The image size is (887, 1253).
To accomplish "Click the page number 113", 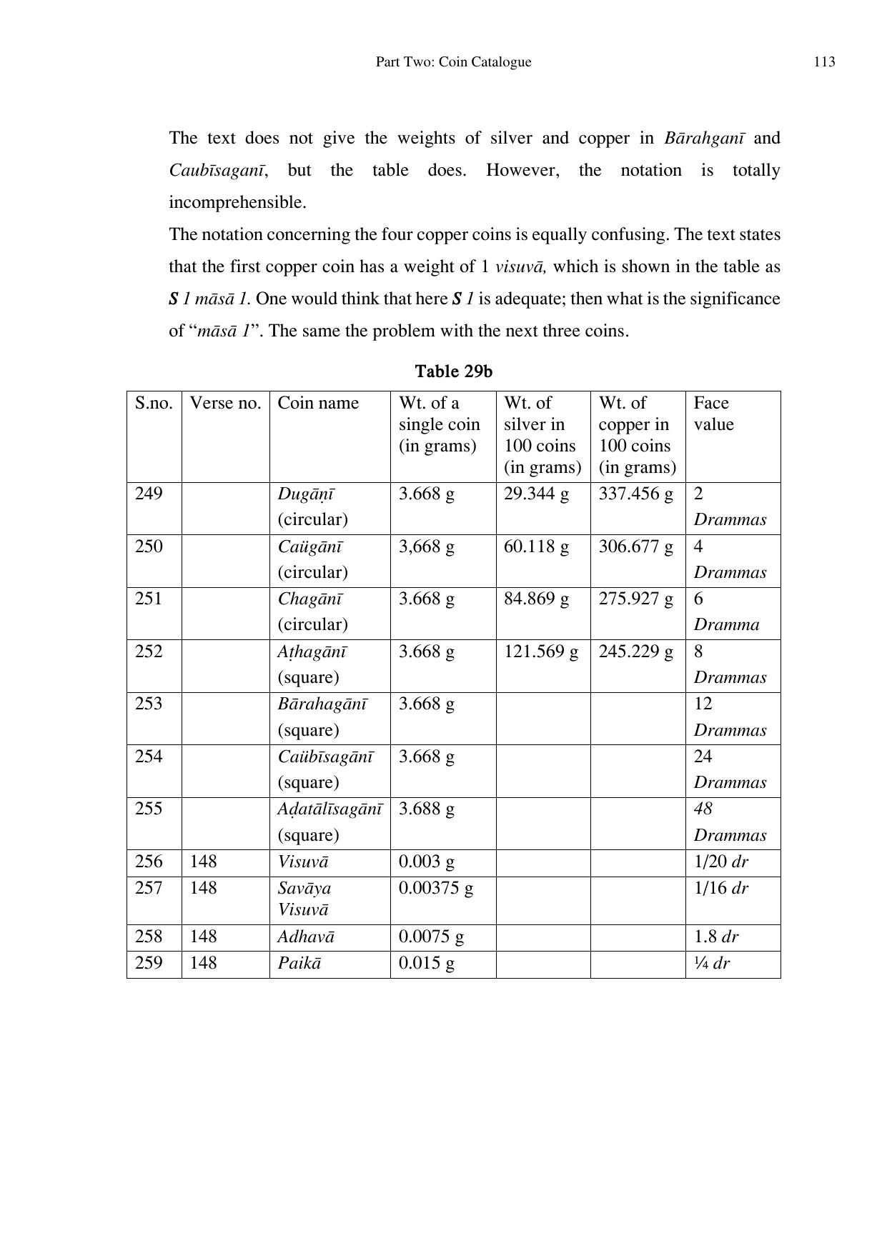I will tap(823, 62).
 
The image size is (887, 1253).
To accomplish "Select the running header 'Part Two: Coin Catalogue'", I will tap(453, 62).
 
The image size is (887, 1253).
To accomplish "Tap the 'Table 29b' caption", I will tap(453, 371).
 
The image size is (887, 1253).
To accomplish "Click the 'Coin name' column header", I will tap(318, 403).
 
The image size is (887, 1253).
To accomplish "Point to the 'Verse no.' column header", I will tap(225, 403).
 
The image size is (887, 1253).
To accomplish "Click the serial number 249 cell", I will tap(149, 494).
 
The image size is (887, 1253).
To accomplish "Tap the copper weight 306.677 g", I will tap(635, 546).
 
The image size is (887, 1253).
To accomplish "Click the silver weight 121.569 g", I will tap(541, 652).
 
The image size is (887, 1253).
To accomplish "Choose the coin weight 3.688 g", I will tap(426, 809).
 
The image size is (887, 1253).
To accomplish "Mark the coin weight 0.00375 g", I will tap(435, 888).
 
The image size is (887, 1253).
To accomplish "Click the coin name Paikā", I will tap(299, 963).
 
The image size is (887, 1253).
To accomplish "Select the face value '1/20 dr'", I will tap(720, 862).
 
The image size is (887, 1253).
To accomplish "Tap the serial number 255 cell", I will tap(149, 809).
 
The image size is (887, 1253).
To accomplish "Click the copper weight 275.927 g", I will tap(635, 599).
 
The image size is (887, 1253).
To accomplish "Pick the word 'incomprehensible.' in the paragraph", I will tap(237, 203).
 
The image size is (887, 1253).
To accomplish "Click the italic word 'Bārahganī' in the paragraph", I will tap(703, 138).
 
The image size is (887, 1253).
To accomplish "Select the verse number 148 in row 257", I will tap(203, 888).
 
